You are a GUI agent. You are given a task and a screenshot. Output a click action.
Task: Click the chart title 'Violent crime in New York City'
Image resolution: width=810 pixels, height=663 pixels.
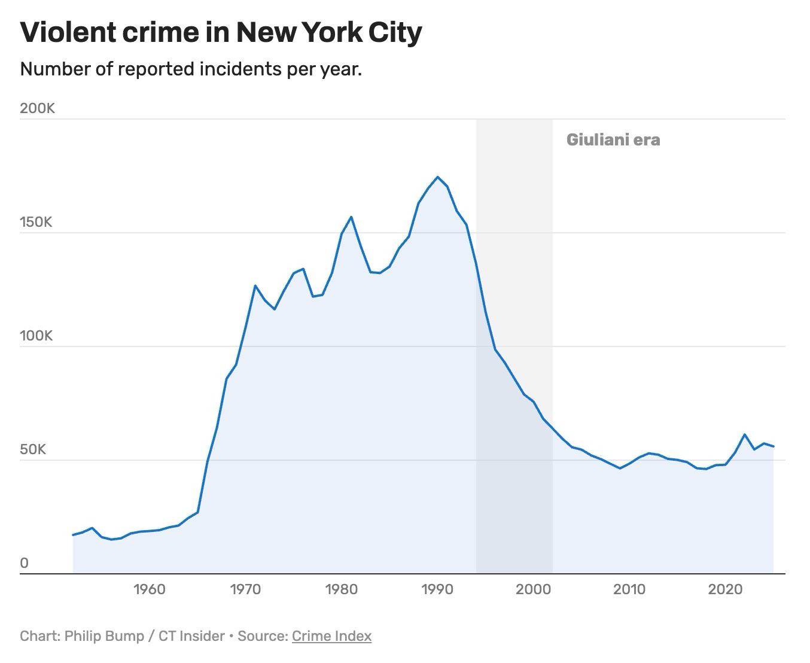pos(221,34)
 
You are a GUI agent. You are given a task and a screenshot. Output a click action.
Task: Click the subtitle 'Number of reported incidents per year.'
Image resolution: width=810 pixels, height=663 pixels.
pos(191,69)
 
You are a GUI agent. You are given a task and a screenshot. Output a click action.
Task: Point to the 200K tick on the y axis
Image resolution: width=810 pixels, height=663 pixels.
pos(37,108)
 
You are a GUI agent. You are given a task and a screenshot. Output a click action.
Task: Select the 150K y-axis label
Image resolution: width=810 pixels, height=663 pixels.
pos(36,222)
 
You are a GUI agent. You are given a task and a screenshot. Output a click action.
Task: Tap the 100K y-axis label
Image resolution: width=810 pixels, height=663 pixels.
pos(36,336)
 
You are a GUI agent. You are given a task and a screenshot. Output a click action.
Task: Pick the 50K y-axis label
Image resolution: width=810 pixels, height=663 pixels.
pos(33,449)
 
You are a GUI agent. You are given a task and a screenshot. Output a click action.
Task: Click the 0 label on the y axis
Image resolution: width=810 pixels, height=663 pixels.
pos(24,563)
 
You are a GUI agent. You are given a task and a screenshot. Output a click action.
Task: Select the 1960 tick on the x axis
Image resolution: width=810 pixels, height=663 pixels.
pos(150,589)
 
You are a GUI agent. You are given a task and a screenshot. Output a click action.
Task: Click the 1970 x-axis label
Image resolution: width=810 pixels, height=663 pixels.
pos(245,589)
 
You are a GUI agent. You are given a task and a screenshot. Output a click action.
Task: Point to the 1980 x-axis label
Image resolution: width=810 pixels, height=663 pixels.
pos(342,589)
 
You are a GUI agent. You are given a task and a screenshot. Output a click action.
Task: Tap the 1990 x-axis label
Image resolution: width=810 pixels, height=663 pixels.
pos(437,589)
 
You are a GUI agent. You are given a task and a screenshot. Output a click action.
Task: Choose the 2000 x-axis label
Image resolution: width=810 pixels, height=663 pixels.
pos(534,589)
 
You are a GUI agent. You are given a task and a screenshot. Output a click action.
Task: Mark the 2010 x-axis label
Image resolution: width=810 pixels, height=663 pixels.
pos(629,589)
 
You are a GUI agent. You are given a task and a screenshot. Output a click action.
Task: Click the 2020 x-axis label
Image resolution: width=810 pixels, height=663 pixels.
pos(726,589)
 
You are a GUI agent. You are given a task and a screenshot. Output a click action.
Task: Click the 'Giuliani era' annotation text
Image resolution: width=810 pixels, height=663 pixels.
pos(613,140)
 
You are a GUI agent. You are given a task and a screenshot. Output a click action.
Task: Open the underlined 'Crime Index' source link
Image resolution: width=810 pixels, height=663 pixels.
pos(331,636)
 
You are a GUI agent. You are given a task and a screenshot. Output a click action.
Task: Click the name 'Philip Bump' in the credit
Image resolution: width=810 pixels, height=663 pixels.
pos(104,637)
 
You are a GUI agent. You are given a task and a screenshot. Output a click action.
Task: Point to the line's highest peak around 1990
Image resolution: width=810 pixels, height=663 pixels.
pos(437,177)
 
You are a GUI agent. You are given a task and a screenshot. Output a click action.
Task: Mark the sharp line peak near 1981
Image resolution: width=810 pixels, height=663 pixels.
pos(351,217)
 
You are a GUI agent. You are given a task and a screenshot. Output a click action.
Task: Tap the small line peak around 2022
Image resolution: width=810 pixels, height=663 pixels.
pos(745,434)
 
